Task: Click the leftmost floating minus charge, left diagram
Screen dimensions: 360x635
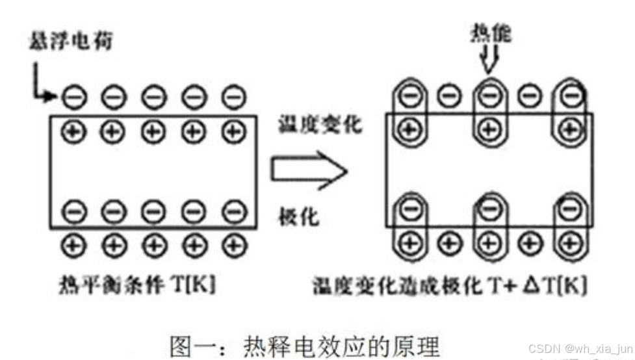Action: click(73, 98)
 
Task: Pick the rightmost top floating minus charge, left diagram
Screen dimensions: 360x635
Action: click(232, 98)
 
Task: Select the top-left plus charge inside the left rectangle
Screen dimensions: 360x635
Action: click(73, 131)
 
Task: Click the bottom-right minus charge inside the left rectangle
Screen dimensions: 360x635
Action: click(232, 212)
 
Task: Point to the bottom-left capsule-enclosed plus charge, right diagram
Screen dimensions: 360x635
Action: click(409, 242)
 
